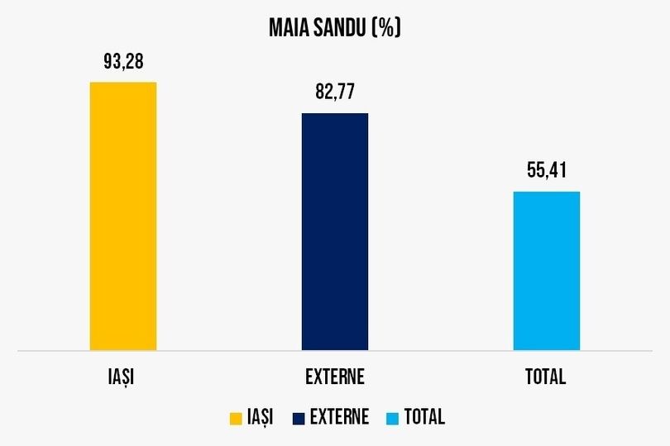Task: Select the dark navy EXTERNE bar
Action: click(334, 232)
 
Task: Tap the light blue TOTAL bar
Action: click(546, 272)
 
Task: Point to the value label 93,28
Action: click(122, 61)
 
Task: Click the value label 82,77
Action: click(334, 92)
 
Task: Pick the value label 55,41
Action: click(546, 171)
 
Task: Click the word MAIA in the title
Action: click(289, 28)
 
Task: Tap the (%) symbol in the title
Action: click(386, 28)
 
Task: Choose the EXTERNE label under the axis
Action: click(334, 377)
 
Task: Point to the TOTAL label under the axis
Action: click(546, 377)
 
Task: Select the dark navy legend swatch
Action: click(299, 418)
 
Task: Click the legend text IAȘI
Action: click(260, 417)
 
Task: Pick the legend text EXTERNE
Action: click(339, 417)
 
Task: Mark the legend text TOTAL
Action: click(424, 417)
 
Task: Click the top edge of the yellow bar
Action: click(122, 83)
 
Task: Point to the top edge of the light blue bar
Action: click(546, 192)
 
